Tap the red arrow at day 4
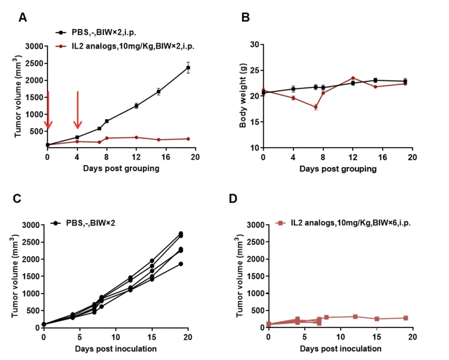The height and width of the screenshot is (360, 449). point(78,110)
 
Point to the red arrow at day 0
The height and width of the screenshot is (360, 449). point(48,110)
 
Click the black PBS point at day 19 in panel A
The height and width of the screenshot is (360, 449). point(188,67)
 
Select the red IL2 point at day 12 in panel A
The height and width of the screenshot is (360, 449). point(136,137)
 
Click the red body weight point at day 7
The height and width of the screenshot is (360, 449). point(316,107)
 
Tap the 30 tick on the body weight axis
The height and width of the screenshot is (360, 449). point(254,45)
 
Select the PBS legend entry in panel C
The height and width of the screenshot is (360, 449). point(90,223)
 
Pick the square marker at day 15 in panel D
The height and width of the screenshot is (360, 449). point(377,319)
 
